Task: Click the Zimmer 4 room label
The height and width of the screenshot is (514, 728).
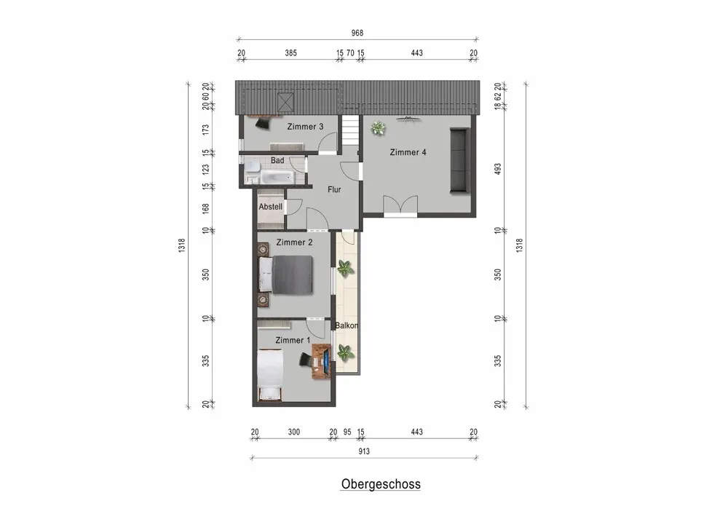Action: [x=408, y=152]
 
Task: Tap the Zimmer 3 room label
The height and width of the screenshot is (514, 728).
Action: [x=305, y=127]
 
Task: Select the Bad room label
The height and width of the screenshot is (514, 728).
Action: [x=277, y=160]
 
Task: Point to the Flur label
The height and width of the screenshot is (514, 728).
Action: [x=334, y=189]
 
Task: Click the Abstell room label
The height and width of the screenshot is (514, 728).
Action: [x=271, y=206]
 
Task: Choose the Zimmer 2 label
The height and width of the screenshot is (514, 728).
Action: [x=294, y=242]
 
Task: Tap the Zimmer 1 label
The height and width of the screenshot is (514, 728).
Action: [x=293, y=340]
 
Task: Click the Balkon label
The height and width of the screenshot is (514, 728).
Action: [x=347, y=325]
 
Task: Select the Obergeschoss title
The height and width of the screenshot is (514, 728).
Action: [x=381, y=483]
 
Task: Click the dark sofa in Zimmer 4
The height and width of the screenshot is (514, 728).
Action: [x=459, y=160]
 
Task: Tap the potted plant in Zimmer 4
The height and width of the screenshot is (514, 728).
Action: [x=378, y=129]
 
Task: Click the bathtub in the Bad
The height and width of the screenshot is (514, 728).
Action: [x=277, y=177]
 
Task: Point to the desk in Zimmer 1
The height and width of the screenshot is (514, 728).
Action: [x=322, y=360]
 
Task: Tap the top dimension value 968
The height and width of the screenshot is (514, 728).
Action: [x=357, y=33]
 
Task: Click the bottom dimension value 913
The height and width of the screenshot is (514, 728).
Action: [x=364, y=451]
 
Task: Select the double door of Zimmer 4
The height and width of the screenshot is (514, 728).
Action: [x=400, y=206]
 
